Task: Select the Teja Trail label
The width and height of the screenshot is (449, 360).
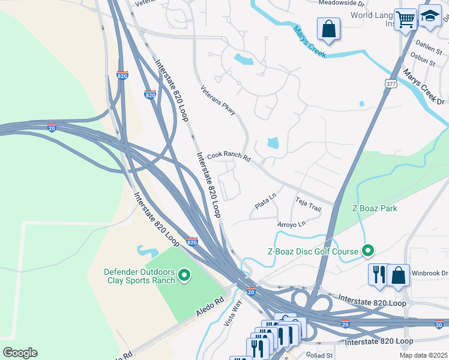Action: pos(308,204)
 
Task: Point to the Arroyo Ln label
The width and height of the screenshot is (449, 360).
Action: pos(291,224)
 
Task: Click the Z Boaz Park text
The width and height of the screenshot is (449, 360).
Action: pos(375,208)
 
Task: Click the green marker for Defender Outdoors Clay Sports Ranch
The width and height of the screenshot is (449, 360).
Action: pos(184,275)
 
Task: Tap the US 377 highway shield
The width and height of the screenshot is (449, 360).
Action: pos(391,84)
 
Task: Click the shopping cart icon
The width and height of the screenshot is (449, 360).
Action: pos(406,19)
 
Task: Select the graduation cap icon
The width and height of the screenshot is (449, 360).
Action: pos(430,16)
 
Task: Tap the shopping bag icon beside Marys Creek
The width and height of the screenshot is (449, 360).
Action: pos(328,28)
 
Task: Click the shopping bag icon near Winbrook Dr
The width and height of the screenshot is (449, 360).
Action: pos(398,275)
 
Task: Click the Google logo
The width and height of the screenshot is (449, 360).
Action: pos(20,353)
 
